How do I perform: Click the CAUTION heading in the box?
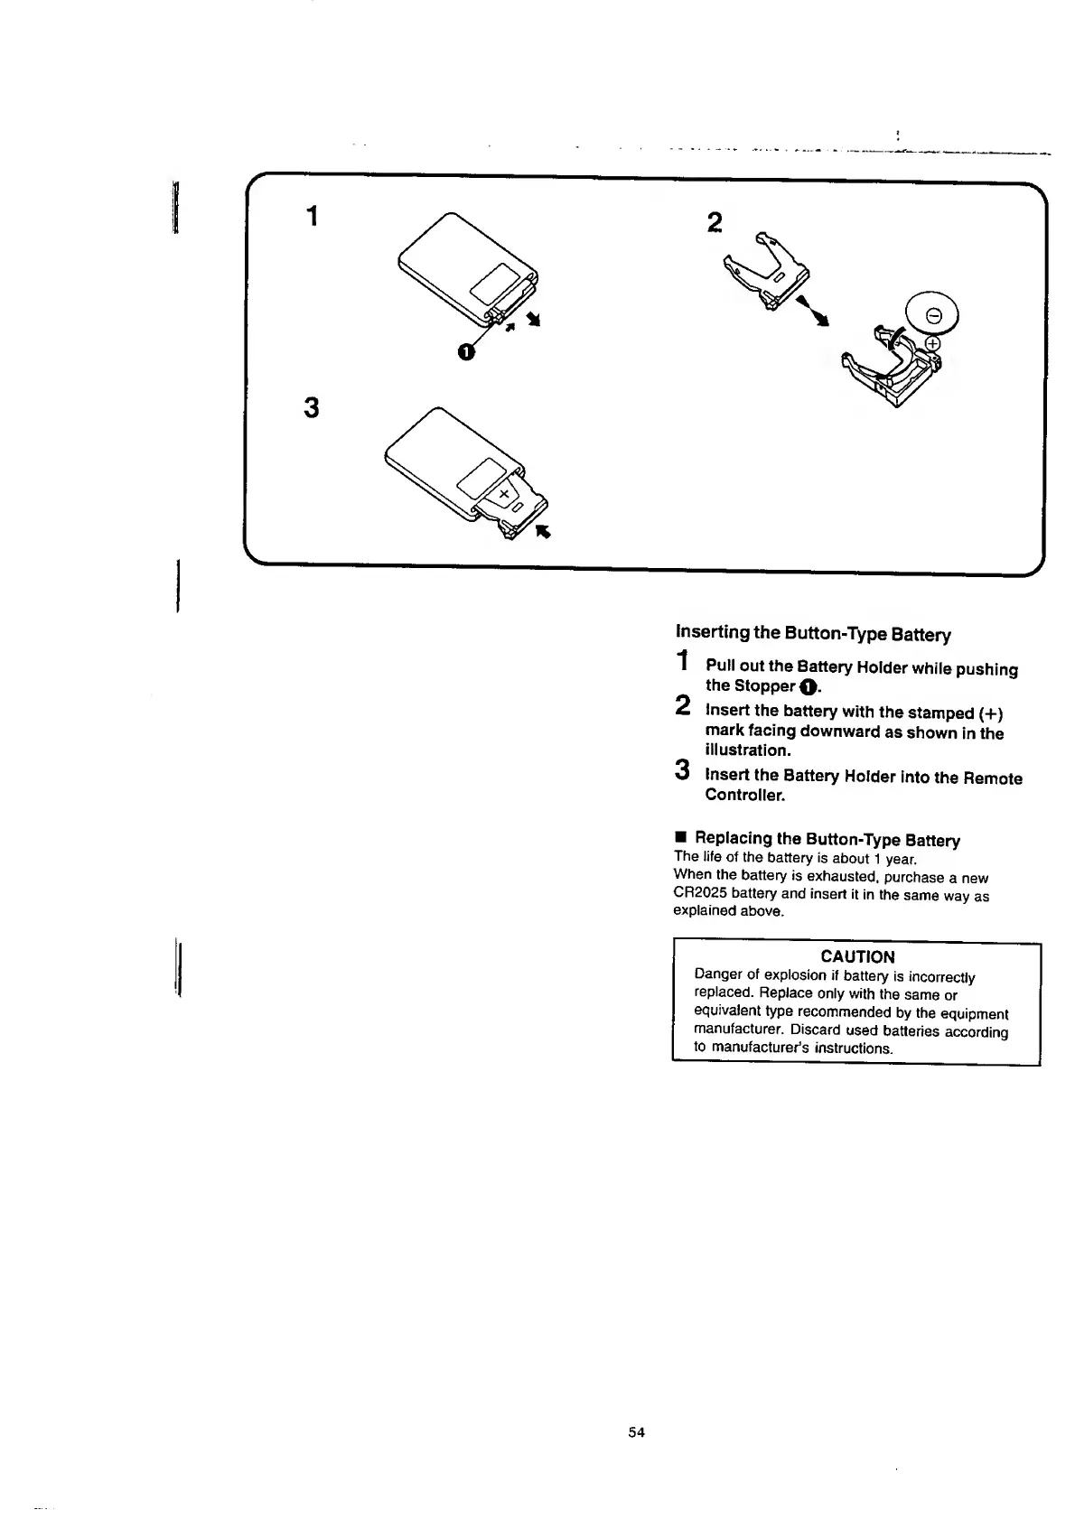click(x=857, y=956)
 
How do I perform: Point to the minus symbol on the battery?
click(x=935, y=315)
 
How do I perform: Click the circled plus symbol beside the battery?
click(x=932, y=343)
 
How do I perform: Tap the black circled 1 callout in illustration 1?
click(x=465, y=352)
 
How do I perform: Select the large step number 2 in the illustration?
click(x=715, y=222)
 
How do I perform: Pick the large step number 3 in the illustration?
click(x=312, y=408)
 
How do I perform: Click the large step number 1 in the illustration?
click(x=312, y=217)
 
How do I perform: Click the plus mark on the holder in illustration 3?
click(x=503, y=493)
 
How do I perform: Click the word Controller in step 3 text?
click(x=745, y=796)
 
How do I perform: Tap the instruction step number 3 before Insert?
click(x=683, y=770)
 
